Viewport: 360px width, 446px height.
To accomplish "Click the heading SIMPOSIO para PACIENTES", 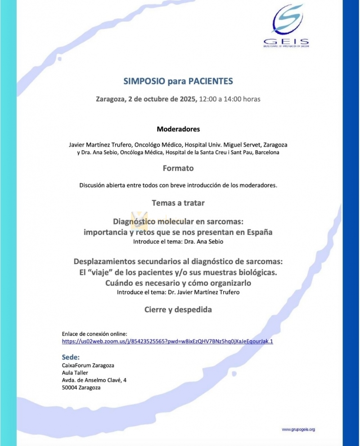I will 178,81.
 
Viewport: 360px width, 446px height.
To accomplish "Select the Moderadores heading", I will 178,129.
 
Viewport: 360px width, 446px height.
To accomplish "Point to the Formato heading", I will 178,168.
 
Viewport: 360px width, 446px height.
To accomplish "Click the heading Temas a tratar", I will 178,203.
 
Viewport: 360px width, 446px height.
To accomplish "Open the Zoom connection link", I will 167,342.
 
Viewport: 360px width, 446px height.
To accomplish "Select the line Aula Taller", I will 75,373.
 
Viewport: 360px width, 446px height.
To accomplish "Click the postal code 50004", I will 70,387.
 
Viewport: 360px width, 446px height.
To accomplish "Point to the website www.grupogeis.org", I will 298,429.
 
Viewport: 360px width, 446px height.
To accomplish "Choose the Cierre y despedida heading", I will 178,310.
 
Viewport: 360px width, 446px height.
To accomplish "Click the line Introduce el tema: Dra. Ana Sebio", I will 178,242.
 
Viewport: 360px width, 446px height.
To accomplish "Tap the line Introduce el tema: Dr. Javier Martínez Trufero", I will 178,292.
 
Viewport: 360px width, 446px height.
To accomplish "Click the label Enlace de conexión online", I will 94,333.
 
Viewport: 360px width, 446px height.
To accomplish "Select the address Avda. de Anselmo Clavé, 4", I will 94,380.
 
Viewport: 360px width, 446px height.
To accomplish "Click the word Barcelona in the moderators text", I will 265,153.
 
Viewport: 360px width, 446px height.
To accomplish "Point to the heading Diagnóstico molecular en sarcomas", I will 178,222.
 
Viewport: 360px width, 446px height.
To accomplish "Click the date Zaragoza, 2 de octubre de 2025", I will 146,99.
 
